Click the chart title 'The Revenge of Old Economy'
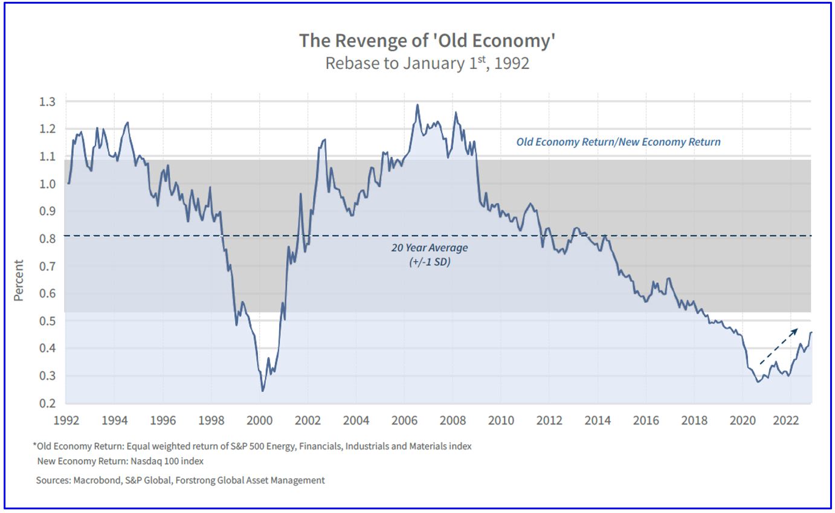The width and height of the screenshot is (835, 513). [427, 41]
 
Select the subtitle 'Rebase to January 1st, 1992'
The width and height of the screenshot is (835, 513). [427, 63]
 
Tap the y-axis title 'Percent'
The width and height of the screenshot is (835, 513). [19, 280]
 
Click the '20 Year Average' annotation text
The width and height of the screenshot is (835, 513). [429, 248]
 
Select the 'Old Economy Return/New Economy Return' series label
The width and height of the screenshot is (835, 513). [618, 142]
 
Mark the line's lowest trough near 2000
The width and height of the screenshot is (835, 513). [262, 391]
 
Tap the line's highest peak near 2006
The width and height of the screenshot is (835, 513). [417, 105]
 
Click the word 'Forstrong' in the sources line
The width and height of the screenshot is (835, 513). [197, 480]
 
